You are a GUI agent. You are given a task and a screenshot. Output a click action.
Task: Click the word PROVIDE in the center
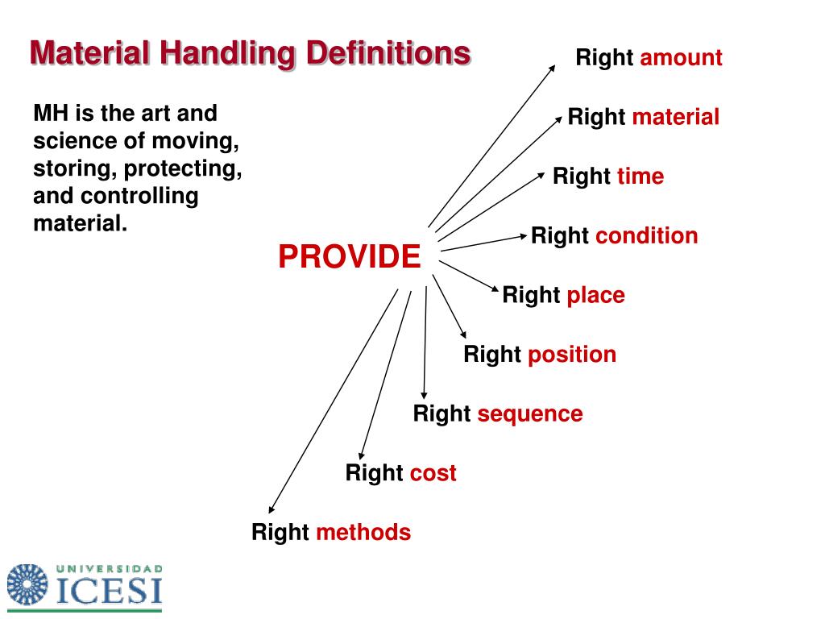pos(349,257)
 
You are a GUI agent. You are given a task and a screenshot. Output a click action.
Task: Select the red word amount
pos(681,58)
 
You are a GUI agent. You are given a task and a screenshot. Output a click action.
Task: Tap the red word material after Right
pos(675,117)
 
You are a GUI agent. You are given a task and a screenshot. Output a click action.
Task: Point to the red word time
pos(641,177)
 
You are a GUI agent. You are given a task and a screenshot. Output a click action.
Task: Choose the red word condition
pos(646,236)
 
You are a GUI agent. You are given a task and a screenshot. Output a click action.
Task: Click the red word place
pos(595,295)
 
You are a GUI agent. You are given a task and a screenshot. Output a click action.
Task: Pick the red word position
pos(572,355)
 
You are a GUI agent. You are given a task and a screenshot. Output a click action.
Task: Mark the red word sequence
pos(529,414)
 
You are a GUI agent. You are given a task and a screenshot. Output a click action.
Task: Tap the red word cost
pos(433,473)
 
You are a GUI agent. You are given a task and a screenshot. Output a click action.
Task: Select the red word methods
pos(363,533)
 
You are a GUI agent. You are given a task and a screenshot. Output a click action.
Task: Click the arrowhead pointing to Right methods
pos(272,509)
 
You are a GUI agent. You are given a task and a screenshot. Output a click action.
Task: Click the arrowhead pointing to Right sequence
pos(424,393)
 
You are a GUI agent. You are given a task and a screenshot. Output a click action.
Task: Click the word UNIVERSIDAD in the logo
pos(110,569)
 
